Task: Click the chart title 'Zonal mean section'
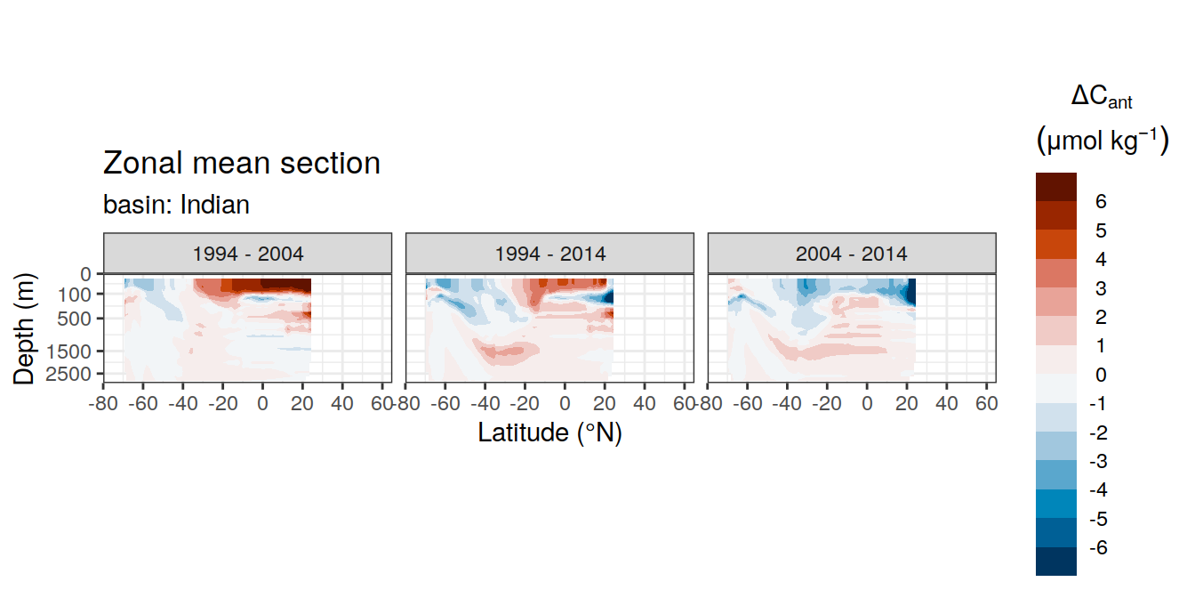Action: click(x=242, y=163)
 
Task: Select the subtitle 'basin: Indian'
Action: click(x=176, y=205)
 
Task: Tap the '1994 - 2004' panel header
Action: click(x=247, y=254)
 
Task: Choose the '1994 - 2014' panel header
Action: click(x=550, y=254)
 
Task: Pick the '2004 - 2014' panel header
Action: click(x=852, y=254)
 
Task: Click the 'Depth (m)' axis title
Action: click(x=24, y=328)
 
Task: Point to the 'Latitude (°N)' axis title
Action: click(x=549, y=432)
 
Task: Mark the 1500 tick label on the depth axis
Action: click(x=68, y=352)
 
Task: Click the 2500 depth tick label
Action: click(x=68, y=374)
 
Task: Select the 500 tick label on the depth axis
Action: click(x=74, y=319)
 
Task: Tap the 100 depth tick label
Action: click(x=74, y=295)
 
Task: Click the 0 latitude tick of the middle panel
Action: click(x=565, y=403)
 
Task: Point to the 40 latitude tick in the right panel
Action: click(x=946, y=403)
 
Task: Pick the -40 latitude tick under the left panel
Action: click(x=183, y=403)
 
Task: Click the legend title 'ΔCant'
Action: click(x=1102, y=97)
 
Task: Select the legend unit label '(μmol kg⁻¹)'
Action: click(x=1103, y=141)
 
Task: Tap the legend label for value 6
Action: click(x=1101, y=201)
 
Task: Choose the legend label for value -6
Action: click(x=1098, y=547)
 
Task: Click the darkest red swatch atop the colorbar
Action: click(x=1056, y=187)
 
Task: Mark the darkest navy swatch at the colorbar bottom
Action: click(x=1056, y=562)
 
